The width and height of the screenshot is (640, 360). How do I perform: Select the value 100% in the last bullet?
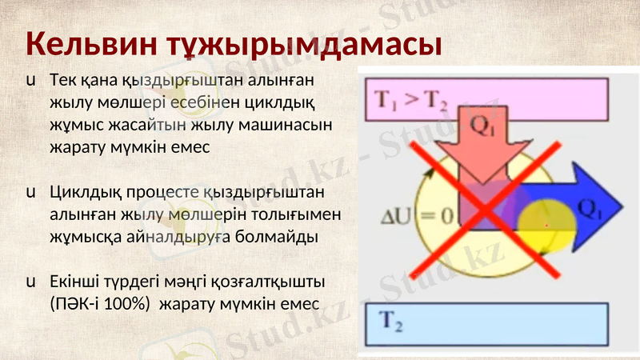click(x=123, y=305)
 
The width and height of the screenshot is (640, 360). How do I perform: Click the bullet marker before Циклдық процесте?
click(x=30, y=193)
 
